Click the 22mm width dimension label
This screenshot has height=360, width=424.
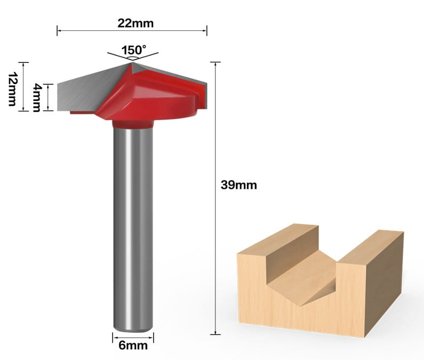pyautogui.click(x=135, y=23)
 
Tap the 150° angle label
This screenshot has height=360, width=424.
pyautogui.click(x=133, y=50)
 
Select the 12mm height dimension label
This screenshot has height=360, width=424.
pyautogui.click(x=12, y=89)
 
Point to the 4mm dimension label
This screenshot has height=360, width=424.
pyautogui.click(x=37, y=98)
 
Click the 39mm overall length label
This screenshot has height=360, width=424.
pyautogui.click(x=238, y=185)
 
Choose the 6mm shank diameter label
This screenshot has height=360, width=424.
pyautogui.click(x=133, y=346)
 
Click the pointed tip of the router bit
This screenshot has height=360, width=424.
pyautogui.click(x=132, y=63)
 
